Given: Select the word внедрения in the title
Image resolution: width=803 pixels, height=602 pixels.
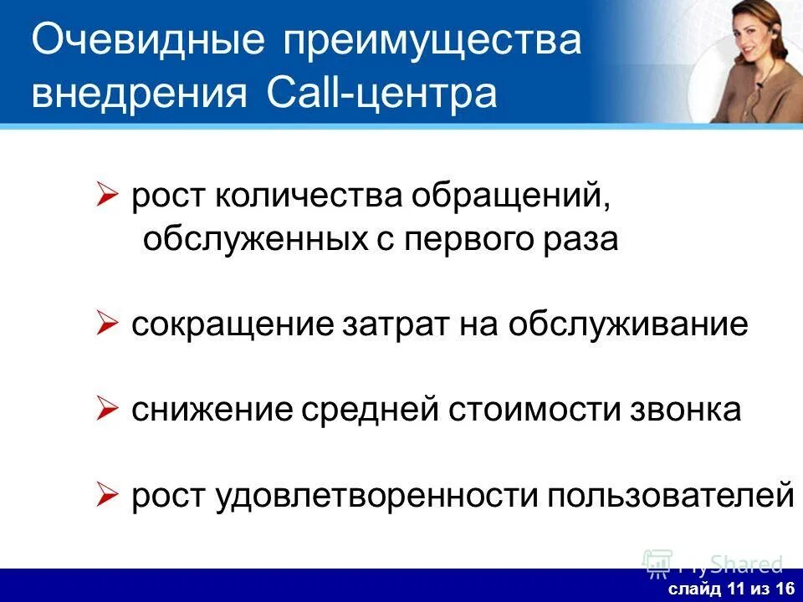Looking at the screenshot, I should [x=139, y=93].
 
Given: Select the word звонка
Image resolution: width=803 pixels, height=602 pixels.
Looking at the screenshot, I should [x=683, y=411].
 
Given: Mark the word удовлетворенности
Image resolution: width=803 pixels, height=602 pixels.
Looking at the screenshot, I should [x=376, y=497].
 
